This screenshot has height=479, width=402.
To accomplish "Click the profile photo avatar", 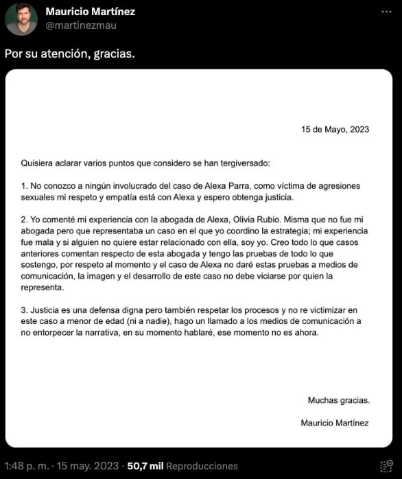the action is click(21, 19).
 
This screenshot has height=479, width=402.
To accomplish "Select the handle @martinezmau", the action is click(81, 25).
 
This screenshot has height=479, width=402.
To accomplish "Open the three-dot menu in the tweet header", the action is click(388, 12).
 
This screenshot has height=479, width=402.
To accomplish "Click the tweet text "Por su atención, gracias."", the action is click(69, 54).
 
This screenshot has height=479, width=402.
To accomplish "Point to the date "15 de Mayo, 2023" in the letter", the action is click(335, 129).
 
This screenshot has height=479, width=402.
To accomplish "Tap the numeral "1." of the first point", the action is click(25, 186).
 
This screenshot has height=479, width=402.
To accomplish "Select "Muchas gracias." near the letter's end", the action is click(338, 400).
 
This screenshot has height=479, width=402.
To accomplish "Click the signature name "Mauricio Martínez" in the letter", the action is click(334, 423).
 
